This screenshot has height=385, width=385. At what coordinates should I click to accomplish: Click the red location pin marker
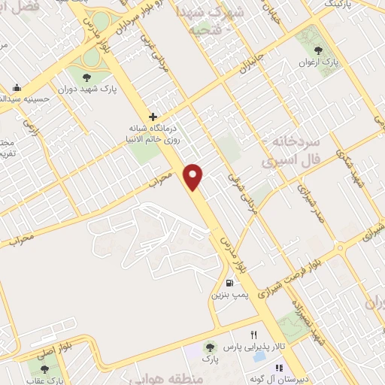pos(194,176)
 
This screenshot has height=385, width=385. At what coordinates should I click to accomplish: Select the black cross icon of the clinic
pos(153,117)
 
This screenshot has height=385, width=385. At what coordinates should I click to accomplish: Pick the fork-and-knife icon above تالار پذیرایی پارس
pos(253,335)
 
